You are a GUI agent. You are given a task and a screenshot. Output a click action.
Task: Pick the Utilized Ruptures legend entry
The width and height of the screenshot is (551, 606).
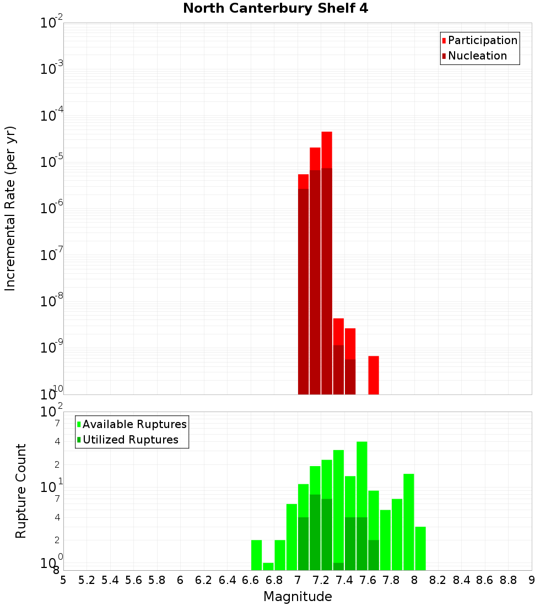tap(129, 440)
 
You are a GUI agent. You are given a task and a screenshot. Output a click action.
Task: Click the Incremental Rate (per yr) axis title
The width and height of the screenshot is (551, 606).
tap(10, 208)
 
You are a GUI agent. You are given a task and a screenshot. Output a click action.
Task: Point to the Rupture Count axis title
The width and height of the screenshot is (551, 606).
tap(21, 491)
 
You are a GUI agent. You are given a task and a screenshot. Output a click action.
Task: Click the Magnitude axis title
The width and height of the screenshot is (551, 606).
tap(298, 597)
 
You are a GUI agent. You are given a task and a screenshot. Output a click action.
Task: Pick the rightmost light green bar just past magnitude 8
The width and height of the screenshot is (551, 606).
tap(420, 548)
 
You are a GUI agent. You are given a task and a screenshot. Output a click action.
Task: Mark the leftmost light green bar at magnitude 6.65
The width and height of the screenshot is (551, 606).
tap(256, 555)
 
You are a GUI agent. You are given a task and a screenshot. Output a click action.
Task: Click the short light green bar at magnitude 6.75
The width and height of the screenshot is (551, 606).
tap(268, 566)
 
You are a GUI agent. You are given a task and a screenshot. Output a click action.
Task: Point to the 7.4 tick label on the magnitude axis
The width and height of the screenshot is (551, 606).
tap(344, 580)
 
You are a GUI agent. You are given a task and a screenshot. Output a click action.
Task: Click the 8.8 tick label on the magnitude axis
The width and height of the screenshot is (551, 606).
tap(508, 580)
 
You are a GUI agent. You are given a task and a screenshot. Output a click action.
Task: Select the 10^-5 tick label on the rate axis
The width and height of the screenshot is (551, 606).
tap(52, 162)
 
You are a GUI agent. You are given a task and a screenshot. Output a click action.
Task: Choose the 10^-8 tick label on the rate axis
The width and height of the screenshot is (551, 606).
tap(52, 301)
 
